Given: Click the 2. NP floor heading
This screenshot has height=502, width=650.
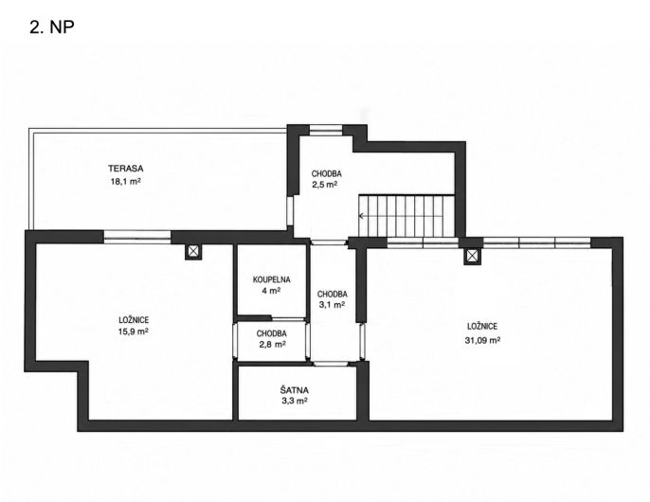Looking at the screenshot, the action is pyautogui.click(x=52, y=27).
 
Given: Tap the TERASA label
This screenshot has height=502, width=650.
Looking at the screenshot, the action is pyautogui.click(x=126, y=169).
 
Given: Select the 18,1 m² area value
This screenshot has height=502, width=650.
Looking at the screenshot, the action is pyautogui.click(x=126, y=181).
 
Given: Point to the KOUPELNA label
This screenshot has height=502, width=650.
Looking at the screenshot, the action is pyautogui.click(x=272, y=279).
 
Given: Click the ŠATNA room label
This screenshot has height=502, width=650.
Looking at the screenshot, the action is pyautogui.click(x=294, y=389).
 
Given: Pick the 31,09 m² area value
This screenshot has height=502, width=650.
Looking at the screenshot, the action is pyautogui.click(x=482, y=340).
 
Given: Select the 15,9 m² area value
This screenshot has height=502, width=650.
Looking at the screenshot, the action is pyautogui.click(x=134, y=332).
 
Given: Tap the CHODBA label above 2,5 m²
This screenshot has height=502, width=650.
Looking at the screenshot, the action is pyautogui.click(x=326, y=173).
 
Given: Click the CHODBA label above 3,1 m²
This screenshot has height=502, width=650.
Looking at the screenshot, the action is pyautogui.click(x=332, y=295).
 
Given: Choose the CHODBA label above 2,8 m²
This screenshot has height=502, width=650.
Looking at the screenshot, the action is pyautogui.click(x=272, y=333).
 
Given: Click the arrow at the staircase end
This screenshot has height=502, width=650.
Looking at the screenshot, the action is pyautogui.click(x=362, y=216).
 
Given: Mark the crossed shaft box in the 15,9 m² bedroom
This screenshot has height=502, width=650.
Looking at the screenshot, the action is pyautogui.click(x=193, y=251).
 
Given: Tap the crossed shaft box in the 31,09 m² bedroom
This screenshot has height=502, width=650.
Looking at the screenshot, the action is pyautogui.click(x=472, y=256).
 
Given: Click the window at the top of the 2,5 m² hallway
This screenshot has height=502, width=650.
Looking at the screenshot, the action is pyautogui.click(x=326, y=130).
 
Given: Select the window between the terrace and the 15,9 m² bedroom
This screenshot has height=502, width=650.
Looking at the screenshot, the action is pyautogui.click(x=136, y=236).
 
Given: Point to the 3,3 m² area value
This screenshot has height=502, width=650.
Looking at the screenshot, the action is pyautogui.click(x=294, y=401).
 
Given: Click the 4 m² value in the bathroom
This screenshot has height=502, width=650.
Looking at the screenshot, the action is pyautogui.click(x=271, y=291).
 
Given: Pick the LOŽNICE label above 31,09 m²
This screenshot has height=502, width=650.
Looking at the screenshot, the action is pyautogui.click(x=482, y=327).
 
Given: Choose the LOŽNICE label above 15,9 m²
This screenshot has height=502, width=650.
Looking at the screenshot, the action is pyautogui.click(x=134, y=320).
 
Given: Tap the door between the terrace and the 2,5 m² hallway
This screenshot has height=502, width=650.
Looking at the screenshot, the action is pyautogui.click(x=291, y=211).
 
